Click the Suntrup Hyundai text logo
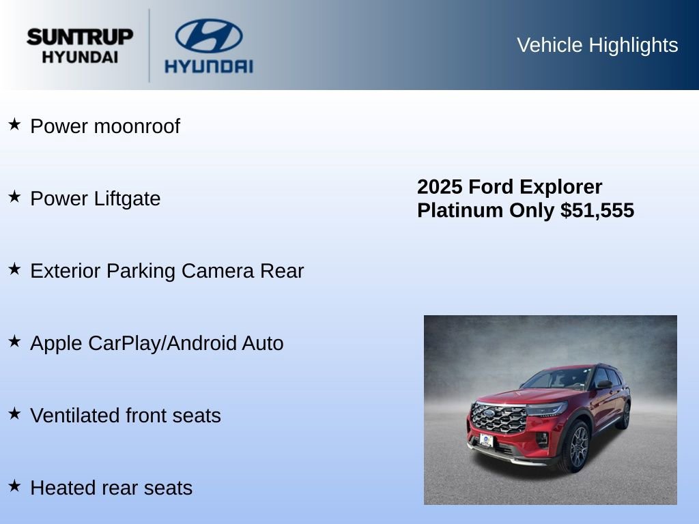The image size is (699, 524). pyautogui.click(x=80, y=46)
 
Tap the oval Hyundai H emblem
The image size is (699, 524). pyautogui.click(x=208, y=36)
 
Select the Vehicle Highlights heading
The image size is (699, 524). pyautogui.click(x=597, y=45)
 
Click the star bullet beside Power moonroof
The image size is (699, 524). pyautogui.click(x=14, y=124)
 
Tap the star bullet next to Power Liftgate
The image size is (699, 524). pyautogui.click(x=14, y=196)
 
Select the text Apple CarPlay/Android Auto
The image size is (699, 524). pyautogui.click(x=157, y=343)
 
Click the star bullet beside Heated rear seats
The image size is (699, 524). pyautogui.click(x=14, y=486)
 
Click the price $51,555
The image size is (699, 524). pyautogui.click(x=597, y=210)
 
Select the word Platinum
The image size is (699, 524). pyautogui.click(x=460, y=210)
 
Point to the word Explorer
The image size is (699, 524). pyautogui.click(x=560, y=187)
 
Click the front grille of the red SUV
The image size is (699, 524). pyautogui.click(x=498, y=418)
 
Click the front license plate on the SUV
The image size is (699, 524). pyautogui.click(x=486, y=440)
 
